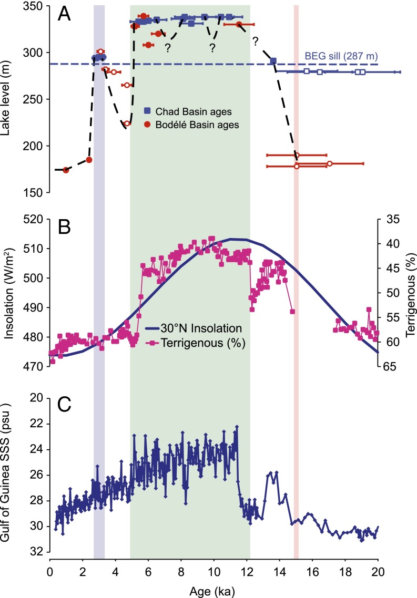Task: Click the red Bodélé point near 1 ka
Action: click(x=66, y=170)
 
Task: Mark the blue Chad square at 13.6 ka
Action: click(x=273, y=61)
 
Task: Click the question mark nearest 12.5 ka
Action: click(x=256, y=41)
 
